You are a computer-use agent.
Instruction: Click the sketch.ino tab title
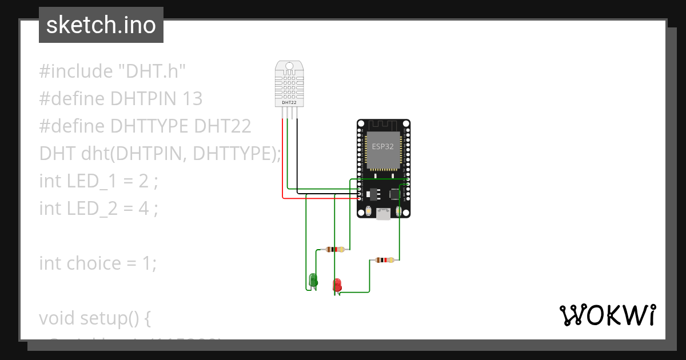click(x=101, y=25)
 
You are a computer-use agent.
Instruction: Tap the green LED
click(x=313, y=279)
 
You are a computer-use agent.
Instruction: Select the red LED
click(x=337, y=284)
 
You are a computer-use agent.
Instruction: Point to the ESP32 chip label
click(x=383, y=146)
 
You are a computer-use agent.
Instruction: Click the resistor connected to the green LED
click(x=334, y=249)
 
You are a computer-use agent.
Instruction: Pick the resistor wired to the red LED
click(x=384, y=260)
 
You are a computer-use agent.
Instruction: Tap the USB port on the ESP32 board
click(x=383, y=214)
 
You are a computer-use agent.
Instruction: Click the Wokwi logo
click(x=607, y=315)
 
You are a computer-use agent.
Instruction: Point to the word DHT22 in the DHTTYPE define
click(x=223, y=126)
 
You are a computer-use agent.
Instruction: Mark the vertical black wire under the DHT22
click(x=297, y=154)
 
